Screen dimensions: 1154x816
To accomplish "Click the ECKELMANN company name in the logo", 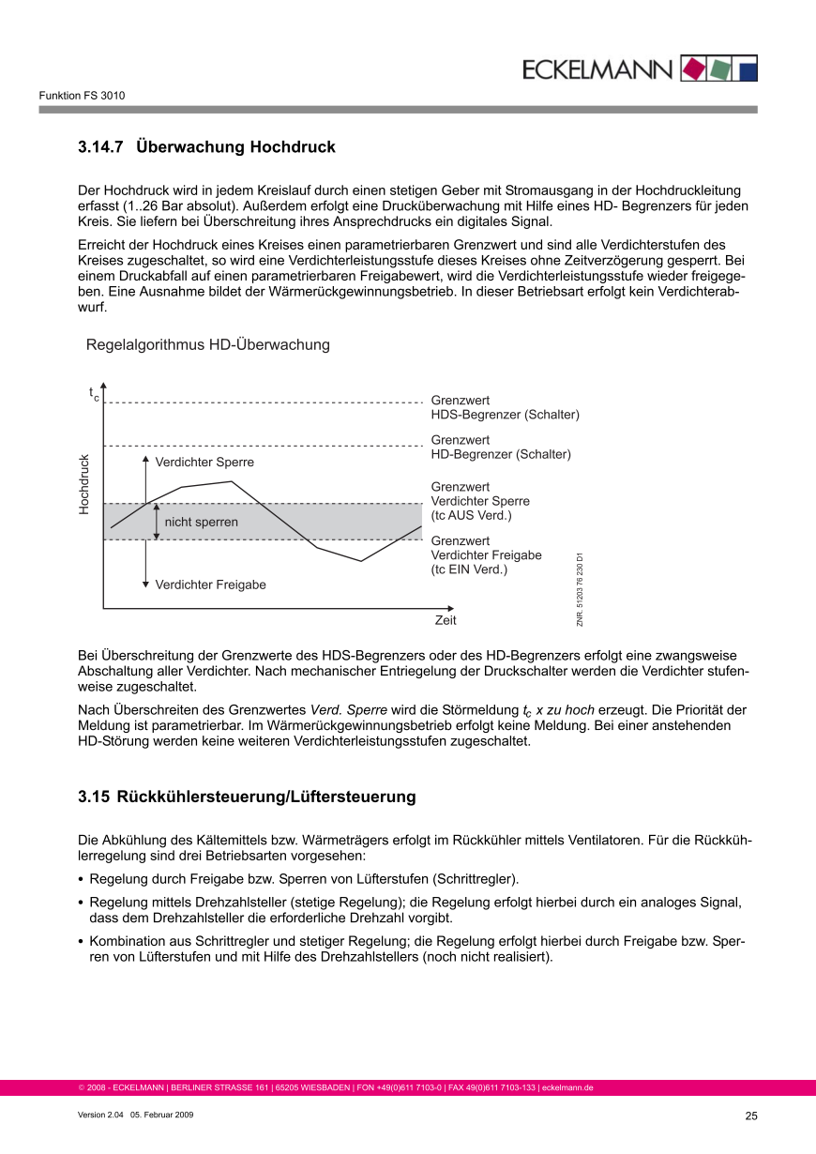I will [x=597, y=69].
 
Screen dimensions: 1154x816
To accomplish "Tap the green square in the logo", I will [x=719, y=68].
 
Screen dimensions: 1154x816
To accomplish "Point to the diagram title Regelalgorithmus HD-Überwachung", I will [x=208, y=345].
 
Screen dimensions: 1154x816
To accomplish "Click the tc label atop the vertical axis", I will [x=94, y=394].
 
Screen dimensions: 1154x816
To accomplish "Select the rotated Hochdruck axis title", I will [x=84, y=484].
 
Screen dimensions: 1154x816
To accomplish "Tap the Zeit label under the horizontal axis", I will [x=446, y=621].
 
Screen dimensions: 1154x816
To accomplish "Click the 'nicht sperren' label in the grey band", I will [x=202, y=522].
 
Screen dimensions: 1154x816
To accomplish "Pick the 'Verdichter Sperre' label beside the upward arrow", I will [x=204, y=463].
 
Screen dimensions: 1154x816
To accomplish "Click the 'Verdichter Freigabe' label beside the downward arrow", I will [x=210, y=585].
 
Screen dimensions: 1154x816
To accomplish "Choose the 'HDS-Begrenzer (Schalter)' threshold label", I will [x=505, y=415].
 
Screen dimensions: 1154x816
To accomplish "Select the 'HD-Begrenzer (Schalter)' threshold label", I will [x=501, y=454].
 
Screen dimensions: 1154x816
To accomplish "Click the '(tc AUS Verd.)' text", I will [x=471, y=515].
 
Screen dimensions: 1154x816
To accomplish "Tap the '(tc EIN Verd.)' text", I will [x=469, y=569].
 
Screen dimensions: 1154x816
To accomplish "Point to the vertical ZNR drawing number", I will [x=581, y=588].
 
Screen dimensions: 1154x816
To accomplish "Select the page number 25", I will [x=750, y=1116].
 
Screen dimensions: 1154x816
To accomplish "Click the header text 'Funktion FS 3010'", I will [x=82, y=96].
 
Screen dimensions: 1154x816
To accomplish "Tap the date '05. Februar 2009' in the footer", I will [x=161, y=1115].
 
